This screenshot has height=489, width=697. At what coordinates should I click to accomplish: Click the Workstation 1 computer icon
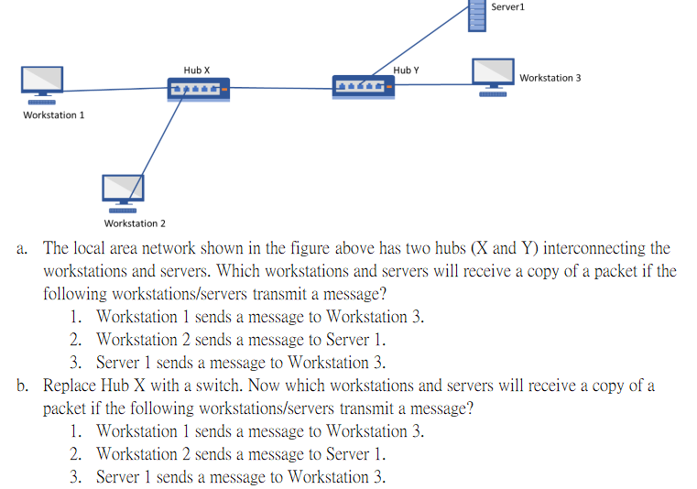tap(42, 81)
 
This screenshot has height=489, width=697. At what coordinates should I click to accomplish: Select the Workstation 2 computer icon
tap(123, 190)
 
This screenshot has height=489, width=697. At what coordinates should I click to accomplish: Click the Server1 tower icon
tap(476, 16)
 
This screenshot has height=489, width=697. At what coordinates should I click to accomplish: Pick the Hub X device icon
tap(198, 89)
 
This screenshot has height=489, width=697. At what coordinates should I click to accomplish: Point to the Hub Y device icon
tap(364, 86)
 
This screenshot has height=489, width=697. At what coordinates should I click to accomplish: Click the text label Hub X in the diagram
tap(196, 70)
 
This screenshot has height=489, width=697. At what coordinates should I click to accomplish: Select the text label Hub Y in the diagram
tap(406, 70)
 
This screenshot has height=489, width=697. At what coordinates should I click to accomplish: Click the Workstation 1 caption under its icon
tap(53, 115)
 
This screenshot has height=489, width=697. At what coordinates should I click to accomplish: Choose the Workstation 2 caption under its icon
tap(135, 223)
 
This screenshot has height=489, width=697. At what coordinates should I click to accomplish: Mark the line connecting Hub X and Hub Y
tap(280, 88)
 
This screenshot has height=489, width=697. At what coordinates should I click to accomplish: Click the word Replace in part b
tap(71, 386)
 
